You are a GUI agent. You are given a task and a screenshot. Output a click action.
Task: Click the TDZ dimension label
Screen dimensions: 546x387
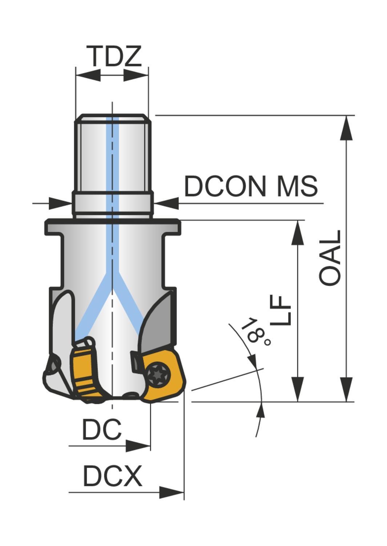pyautogui.click(x=114, y=56)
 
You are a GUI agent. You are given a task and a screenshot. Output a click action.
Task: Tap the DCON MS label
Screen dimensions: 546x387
pyautogui.click(x=251, y=186)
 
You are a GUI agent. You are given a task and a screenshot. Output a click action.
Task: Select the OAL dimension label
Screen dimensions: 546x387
pyautogui.click(x=330, y=258)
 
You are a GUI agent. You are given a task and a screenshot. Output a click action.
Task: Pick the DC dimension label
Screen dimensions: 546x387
pyautogui.click(x=101, y=430)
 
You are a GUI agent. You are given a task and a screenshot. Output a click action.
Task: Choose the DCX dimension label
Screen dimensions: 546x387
pyautogui.click(x=112, y=476)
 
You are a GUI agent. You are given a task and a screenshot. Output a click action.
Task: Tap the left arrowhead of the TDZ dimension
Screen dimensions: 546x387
pyautogui.click(x=88, y=75)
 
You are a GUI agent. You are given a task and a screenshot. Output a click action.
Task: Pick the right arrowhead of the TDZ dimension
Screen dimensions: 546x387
pyautogui.click(x=136, y=75)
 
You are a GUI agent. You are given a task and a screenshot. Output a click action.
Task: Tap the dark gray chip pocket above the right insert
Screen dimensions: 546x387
pyautogui.click(x=160, y=324)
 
